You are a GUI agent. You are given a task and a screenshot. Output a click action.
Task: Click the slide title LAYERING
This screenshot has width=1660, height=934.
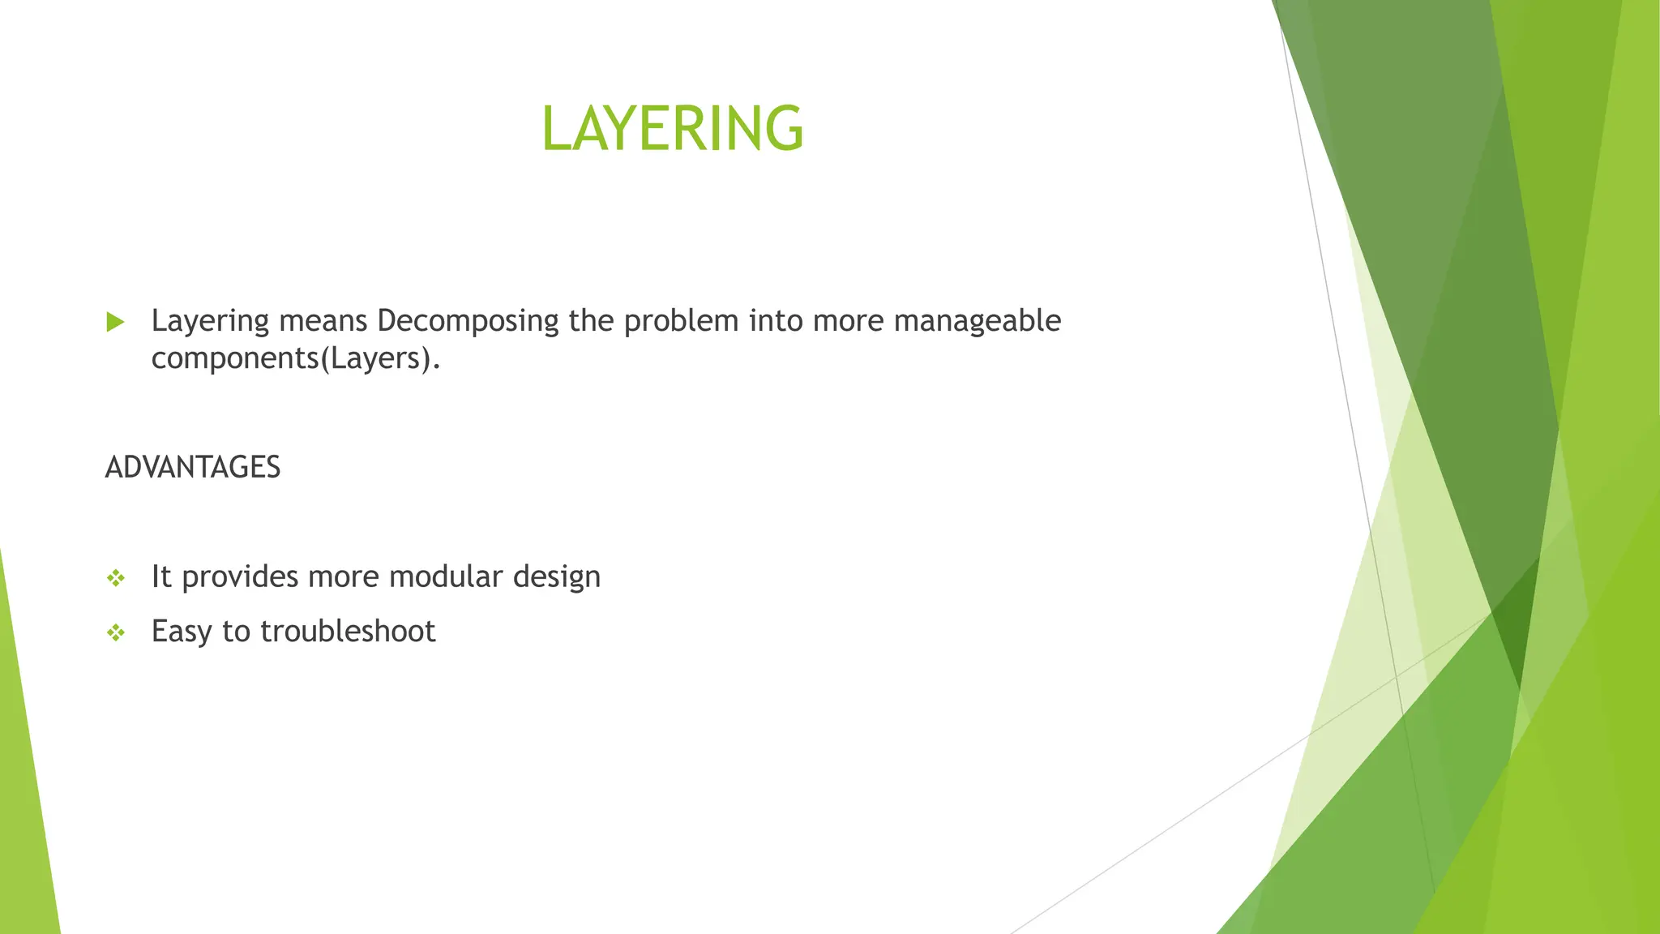pos(672,128)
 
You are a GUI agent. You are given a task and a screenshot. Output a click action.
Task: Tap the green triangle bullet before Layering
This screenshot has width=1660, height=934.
pos(115,322)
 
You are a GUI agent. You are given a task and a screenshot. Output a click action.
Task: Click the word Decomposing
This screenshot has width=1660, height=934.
pos(468,322)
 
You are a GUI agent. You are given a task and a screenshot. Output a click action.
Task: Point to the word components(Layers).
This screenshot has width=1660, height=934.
pos(296,358)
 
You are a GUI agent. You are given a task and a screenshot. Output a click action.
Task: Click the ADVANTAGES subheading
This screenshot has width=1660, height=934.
pos(193,467)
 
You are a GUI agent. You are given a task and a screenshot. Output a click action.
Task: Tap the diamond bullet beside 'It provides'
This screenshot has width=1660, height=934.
pos(116,578)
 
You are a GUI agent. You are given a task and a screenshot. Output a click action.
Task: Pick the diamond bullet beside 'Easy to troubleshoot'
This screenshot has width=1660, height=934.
pos(116,632)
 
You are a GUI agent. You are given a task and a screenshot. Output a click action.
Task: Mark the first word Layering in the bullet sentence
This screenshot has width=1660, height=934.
pos(210,322)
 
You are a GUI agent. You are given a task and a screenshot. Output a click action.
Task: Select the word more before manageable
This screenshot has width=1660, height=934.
pos(849,322)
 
